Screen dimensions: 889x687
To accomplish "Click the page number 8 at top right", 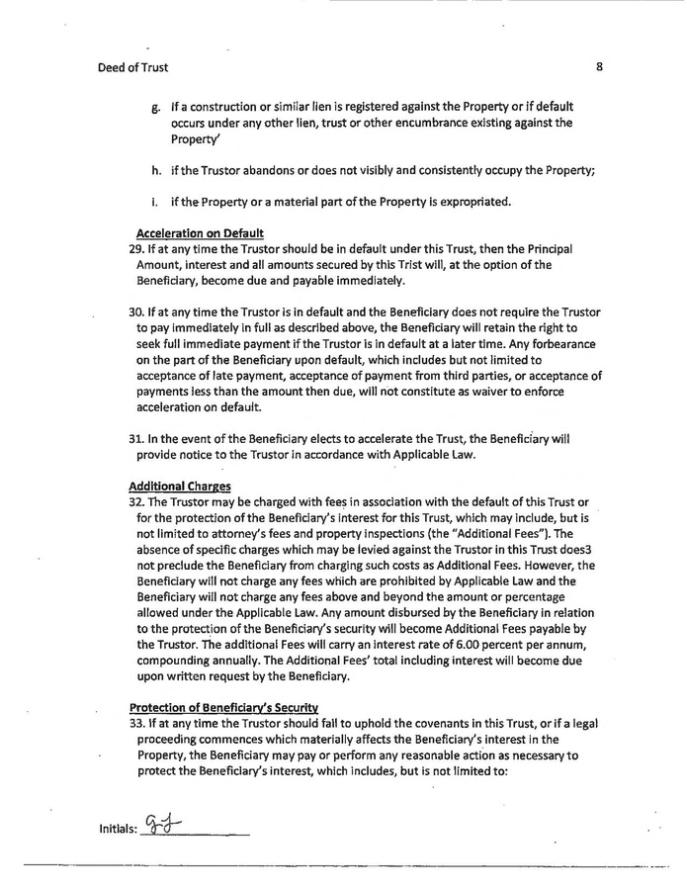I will (x=600, y=66).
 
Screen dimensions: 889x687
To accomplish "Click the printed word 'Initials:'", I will (x=118, y=829).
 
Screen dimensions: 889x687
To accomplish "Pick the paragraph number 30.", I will (x=136, y=312).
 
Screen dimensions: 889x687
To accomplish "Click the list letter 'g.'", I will (x=156, y=106).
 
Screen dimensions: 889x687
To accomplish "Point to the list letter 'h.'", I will (x=156, y=170).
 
